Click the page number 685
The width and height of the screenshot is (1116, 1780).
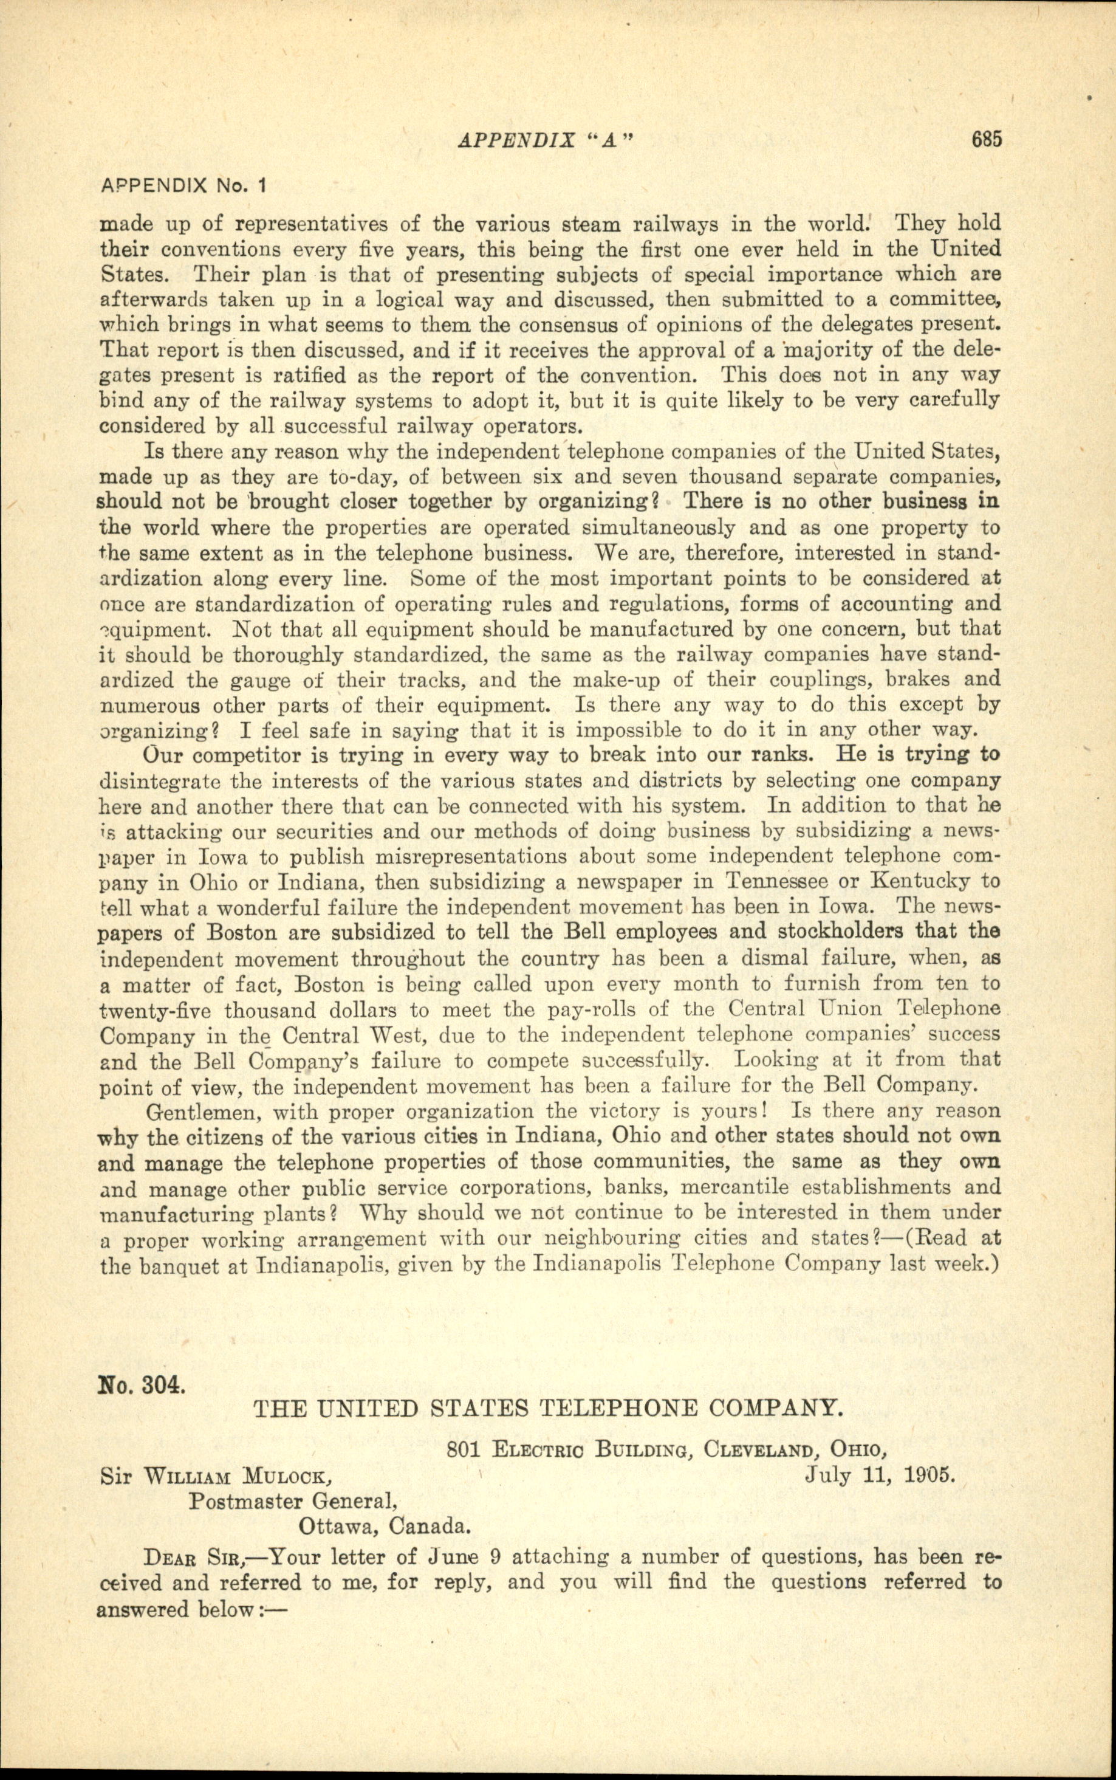pyautogui.click(x=986, y=140)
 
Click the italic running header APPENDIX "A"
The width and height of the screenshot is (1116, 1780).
pyautogui.click(x=546, y=140)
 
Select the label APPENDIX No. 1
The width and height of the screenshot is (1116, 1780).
pyautogui.click(x=182, y=186)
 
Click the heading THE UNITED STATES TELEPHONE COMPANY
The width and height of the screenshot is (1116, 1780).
pyautogui.click(x=547, y=1408)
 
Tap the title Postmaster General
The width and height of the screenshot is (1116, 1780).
pyautogui.click(x=289, y=1501)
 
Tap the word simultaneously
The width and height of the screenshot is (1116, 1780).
pyautogui.click(x=659, y=528)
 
